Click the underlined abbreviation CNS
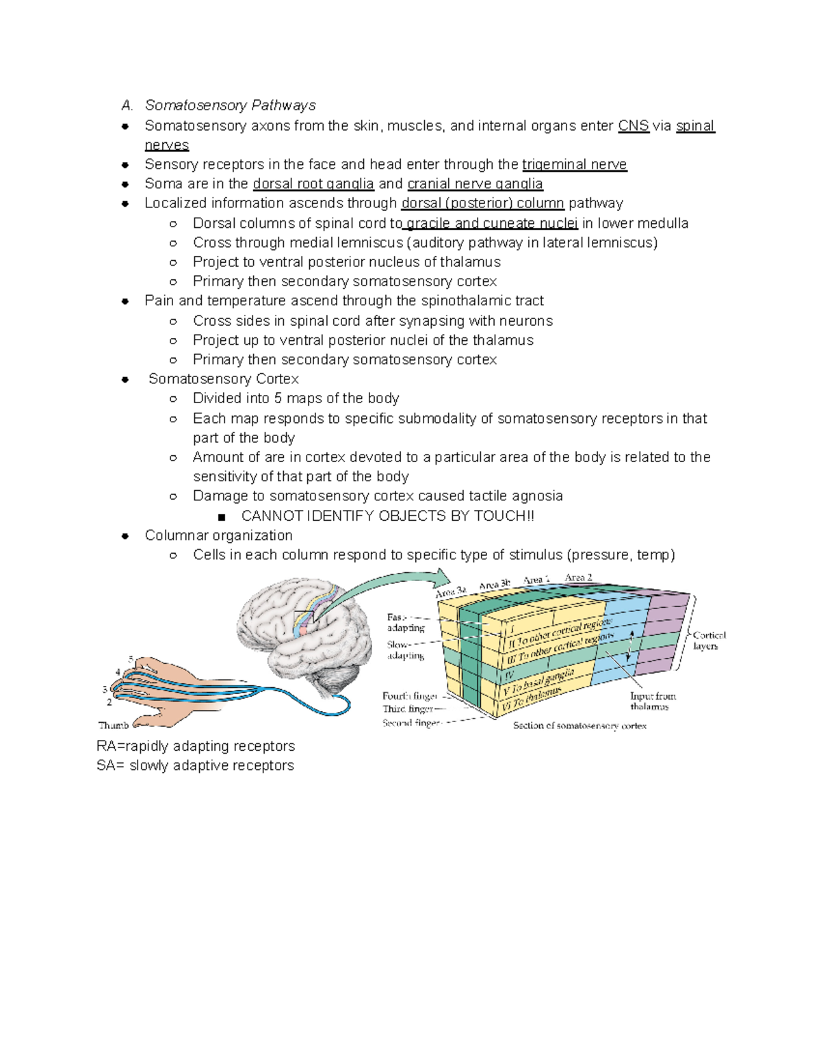633,126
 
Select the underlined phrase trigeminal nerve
574,165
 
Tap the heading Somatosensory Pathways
230,105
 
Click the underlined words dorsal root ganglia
313,184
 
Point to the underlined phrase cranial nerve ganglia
475,184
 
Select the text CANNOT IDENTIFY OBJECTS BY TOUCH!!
387,517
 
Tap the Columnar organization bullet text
218,536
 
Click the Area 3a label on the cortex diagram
452,591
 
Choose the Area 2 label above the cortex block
578,578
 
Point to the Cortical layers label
709,641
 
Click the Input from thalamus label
653,701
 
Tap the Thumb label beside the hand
114,726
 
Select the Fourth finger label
410,696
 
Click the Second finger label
410,723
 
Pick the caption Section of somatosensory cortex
579,726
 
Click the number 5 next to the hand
131,659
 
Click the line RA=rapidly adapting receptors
196,746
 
